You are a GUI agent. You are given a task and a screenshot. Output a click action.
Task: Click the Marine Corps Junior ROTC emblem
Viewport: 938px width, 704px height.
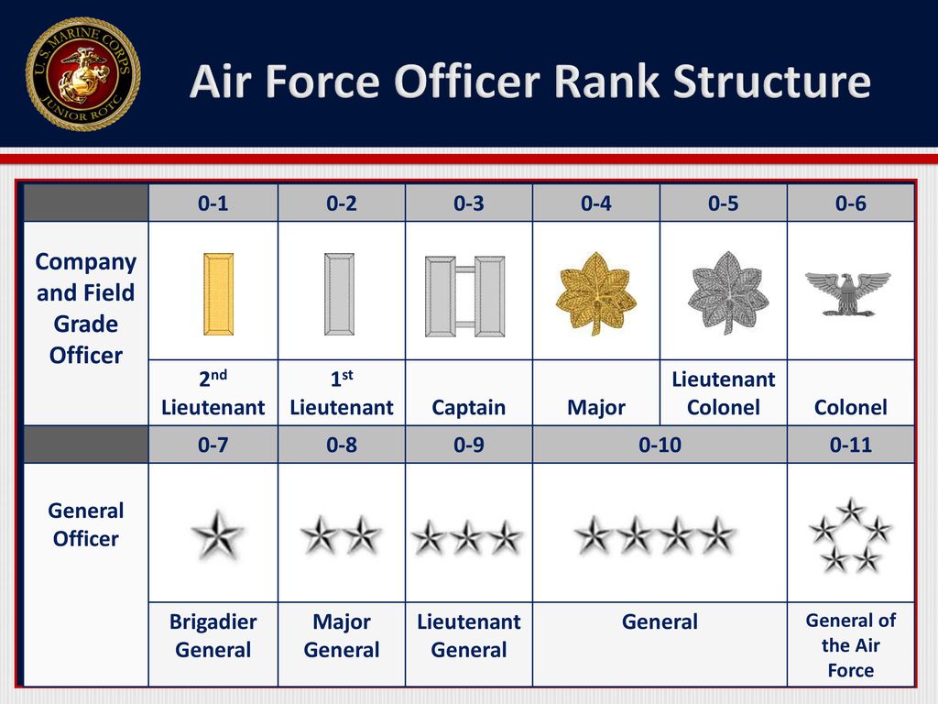(83, 73)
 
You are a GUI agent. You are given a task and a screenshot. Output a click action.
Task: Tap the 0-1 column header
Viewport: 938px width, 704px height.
(213, 203)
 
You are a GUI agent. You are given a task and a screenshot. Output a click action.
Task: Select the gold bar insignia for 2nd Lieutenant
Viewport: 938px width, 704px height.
(218, 294)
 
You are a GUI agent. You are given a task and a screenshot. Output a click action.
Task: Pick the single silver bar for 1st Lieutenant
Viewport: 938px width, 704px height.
(339, 294)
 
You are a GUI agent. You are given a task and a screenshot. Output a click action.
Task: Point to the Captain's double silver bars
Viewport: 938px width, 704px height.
(464, 296)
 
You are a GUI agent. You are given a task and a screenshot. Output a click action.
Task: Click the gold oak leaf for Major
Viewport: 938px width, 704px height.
(595, 292)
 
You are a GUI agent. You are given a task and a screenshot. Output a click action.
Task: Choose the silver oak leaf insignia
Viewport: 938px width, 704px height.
(727, 292)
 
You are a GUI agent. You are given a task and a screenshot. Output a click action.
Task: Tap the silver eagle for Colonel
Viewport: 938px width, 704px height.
(847, 293)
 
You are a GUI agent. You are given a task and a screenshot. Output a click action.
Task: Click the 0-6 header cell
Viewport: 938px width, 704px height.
(851, 203)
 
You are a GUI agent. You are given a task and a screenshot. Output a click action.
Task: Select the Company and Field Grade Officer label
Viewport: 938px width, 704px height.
(85, 308)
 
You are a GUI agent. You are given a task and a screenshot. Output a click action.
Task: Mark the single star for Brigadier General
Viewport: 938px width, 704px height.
(217, 534)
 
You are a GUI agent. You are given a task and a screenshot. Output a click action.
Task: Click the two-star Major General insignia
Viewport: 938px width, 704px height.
(341, 534)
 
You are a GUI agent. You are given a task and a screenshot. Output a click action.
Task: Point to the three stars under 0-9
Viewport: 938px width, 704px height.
(467, 537)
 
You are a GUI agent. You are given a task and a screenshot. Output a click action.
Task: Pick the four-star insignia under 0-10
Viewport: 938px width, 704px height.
(654, 535)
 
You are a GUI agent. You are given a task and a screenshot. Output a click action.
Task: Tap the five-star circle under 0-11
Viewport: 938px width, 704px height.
(850, 535)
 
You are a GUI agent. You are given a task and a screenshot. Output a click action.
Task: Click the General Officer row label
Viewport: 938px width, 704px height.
(85, 524)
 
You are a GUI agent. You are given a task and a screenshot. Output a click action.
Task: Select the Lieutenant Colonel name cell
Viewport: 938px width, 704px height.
(724, 393)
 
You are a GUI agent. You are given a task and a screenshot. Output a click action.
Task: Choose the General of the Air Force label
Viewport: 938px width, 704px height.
(851, 645)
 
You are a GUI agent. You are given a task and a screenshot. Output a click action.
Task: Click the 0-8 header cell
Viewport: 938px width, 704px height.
(342, 445)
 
